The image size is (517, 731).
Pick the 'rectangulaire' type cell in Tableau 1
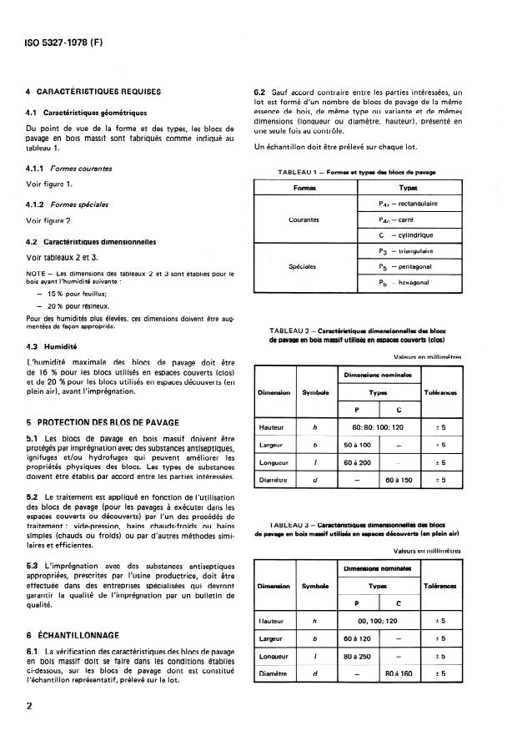(x=408, y=204)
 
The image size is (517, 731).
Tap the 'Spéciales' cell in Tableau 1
(x=303, y=267)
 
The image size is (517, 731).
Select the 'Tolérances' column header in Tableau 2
(x=442, y=391)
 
